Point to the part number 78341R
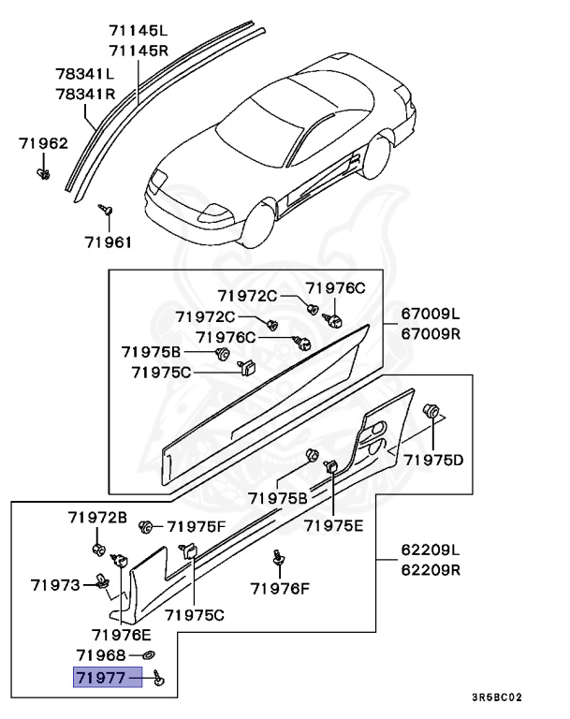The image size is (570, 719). click(x=84, y=94)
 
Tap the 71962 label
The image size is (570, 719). click(x=43, y=143)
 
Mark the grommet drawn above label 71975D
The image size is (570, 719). click(x=433, y=411)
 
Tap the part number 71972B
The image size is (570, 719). click(x=97, y=517)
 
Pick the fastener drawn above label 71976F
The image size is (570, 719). click(x=278, y=558)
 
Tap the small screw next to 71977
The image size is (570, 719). click(x=157, y=678)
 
